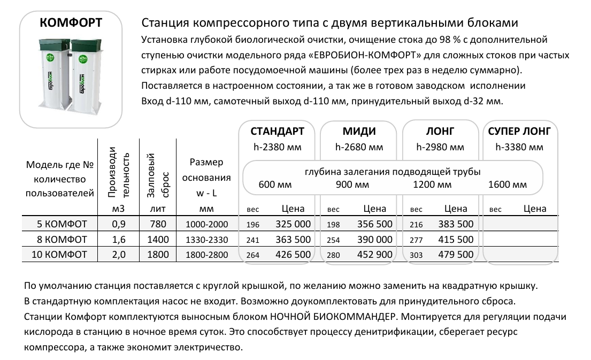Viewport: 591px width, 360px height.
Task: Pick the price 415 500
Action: pyautogui.click(x=456, y=240)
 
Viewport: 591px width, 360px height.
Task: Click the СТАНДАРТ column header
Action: pyautogui.click(x=278, y=132)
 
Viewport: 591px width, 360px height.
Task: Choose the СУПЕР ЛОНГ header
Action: pyautogui.click(x=520, y=132)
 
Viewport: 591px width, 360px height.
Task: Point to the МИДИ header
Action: pyautogui.click(x=359, y=132)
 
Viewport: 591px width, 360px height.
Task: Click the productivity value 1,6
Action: pyautogui.click(x=119, y=240)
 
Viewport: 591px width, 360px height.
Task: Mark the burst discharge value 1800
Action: pyautogui.click(x=158, y=255)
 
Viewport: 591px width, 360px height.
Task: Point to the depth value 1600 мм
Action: pyautogui.click(x=508, y=185)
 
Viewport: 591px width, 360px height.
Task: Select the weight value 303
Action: pyautogui.click(x=416, y=255)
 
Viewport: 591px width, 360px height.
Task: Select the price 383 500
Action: pyautogui.click(x=456, y=224)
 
